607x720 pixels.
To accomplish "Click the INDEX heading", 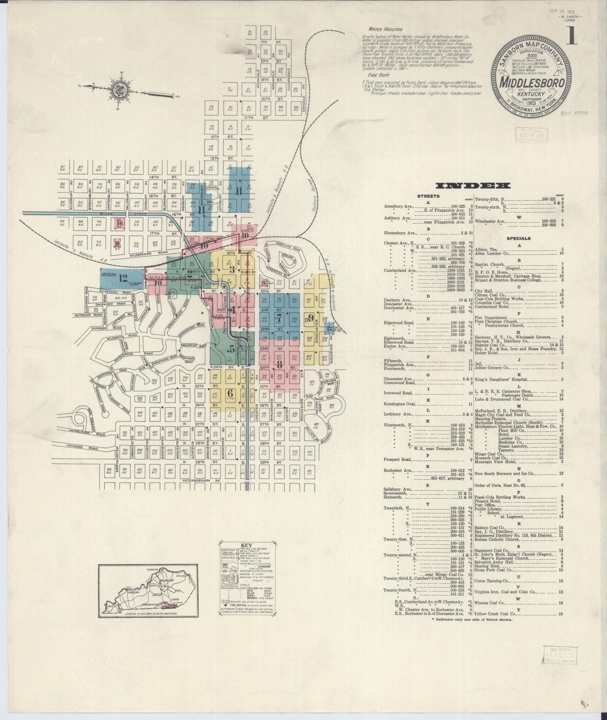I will pos(473,186).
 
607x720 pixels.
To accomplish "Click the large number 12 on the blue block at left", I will pos(123,279).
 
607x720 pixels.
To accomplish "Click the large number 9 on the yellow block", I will pos(311,316).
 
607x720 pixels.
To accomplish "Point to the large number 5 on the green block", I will pos(231,348).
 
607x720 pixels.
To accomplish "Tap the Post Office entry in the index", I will pos(485,505).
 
